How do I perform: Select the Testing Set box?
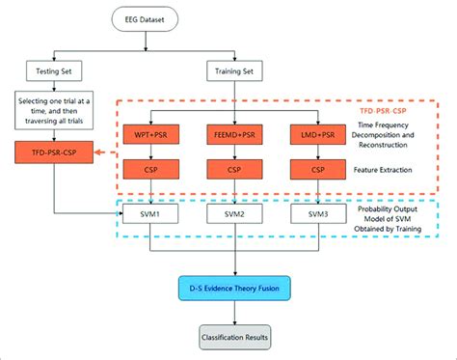click(x=61, y=69)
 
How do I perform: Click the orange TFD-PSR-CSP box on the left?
click(x=61, y=152)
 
